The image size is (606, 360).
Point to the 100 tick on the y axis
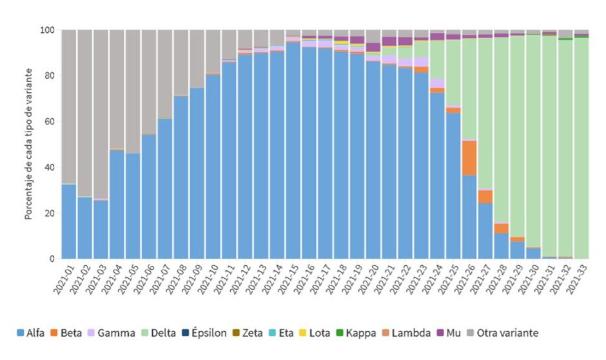point(47,30)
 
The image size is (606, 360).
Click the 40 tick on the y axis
point(49,167)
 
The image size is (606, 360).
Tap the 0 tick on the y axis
point(52,259)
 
